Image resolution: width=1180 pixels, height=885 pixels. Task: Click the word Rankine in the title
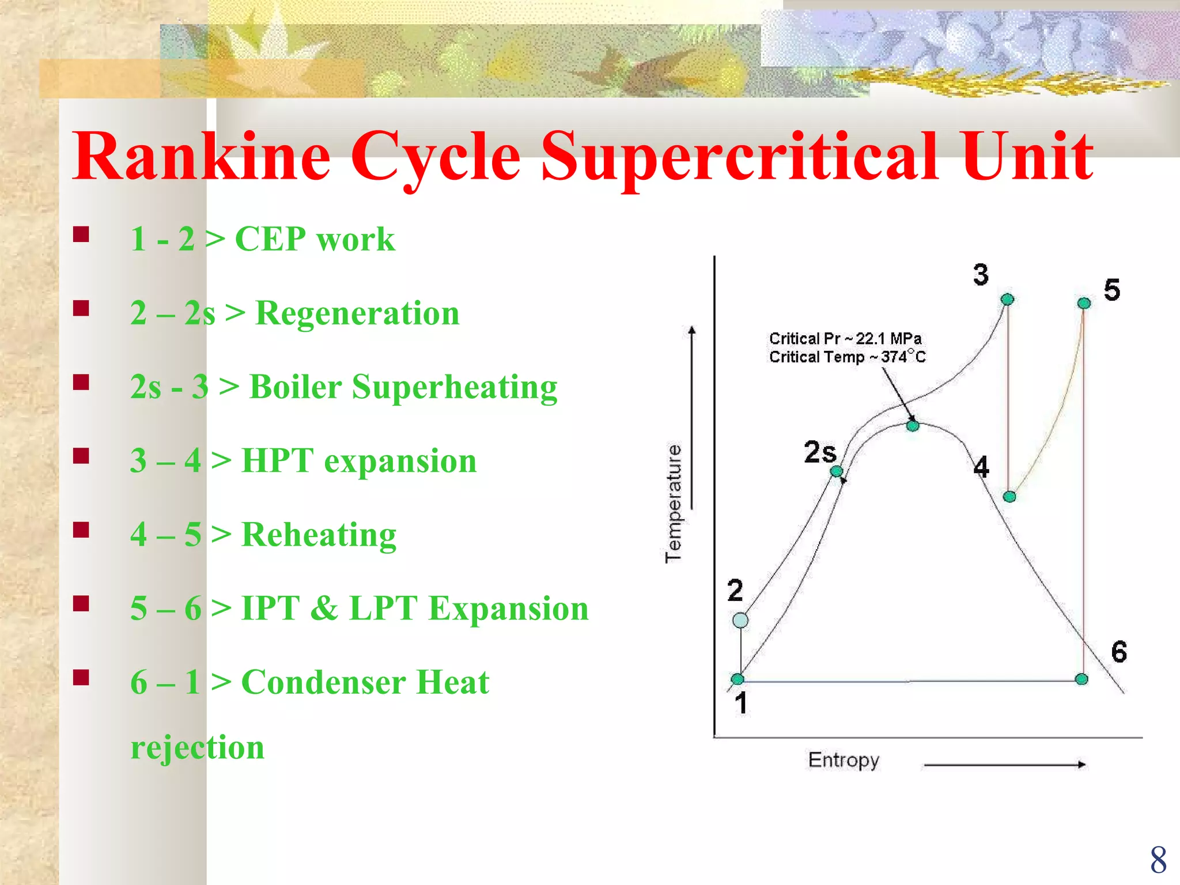[x=201, y=157]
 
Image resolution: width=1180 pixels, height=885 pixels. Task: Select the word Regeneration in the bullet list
[x=357, y=313]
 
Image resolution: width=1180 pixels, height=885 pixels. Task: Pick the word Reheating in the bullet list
[x=319, y=535]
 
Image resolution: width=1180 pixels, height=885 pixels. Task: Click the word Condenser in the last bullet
[x=323, y=682]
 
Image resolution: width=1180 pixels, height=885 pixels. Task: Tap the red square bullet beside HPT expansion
[x=81, y=456]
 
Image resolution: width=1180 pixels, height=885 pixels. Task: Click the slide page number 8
[x=1158, y=860]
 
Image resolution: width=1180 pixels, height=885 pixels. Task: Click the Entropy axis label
[x=843, y=760]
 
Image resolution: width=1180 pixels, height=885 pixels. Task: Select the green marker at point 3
[x=1007, y=299]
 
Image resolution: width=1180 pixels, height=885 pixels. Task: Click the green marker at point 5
[x=1084, y=303]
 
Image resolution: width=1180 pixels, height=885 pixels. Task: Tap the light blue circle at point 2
[x=740, y=620]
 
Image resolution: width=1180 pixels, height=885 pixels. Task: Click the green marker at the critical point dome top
[x=913, y=426]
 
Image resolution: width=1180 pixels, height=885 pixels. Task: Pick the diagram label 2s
[x=820, y=452]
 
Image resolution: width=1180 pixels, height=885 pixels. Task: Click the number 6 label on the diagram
[x=1119, y=652]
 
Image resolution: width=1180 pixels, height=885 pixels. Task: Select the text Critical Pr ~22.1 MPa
[x=845, y=338]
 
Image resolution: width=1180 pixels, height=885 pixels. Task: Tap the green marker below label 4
[x=1009, y=497]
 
